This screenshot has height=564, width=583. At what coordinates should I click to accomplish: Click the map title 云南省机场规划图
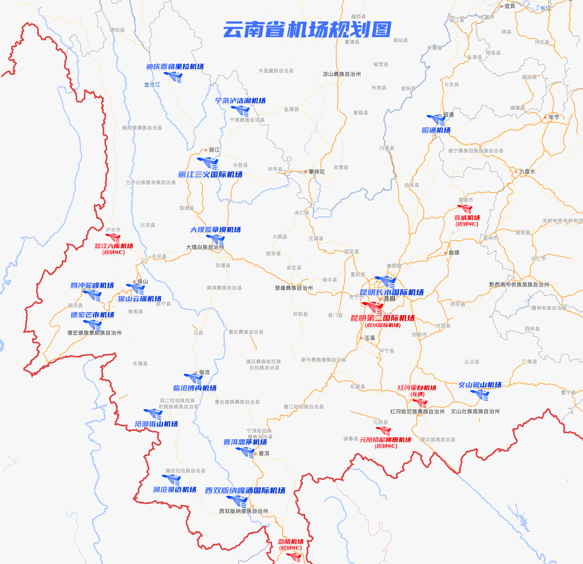[307, 29]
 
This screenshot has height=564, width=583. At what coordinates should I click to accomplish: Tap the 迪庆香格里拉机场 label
[175, 67]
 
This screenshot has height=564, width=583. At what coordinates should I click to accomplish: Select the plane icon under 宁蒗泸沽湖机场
[241, 111]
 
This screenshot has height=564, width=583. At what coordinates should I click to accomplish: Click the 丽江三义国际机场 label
[210, 174]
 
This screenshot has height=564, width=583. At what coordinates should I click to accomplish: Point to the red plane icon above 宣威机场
[465, 208]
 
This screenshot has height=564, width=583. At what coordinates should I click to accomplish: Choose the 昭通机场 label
[436, 130]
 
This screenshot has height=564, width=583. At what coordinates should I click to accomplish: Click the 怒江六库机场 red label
[114, 246]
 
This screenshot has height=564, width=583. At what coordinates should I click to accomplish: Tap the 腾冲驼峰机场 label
[92, 285]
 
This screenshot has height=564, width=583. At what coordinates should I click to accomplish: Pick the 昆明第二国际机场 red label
[382, 318]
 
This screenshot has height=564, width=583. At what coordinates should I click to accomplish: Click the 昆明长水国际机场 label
[392, 292]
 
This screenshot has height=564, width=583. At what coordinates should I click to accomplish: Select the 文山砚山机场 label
[480, 385]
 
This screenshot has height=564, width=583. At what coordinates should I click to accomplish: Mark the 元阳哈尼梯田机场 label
[385, 439]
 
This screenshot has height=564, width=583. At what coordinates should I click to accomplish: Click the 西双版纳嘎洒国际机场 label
[245, 490]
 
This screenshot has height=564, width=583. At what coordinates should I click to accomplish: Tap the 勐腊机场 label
[291, 541]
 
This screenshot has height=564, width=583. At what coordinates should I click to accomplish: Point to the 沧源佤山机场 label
[157, 424]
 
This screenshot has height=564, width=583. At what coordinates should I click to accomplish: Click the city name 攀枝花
[317, 172]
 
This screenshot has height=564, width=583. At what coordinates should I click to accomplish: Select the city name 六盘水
[527, 172]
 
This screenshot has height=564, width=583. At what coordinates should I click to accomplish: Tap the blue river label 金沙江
[152, 85]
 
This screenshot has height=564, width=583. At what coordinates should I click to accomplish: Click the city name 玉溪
[369, 338]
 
